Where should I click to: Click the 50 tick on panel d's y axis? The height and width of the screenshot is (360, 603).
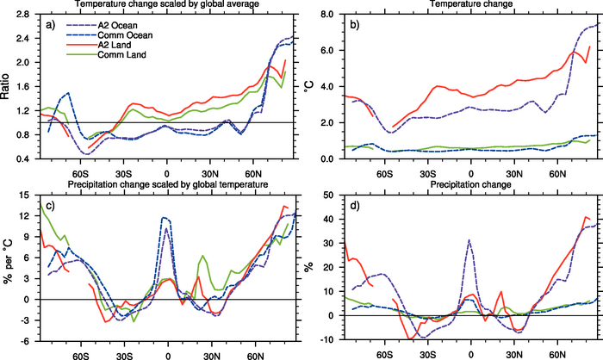pos(331,194)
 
